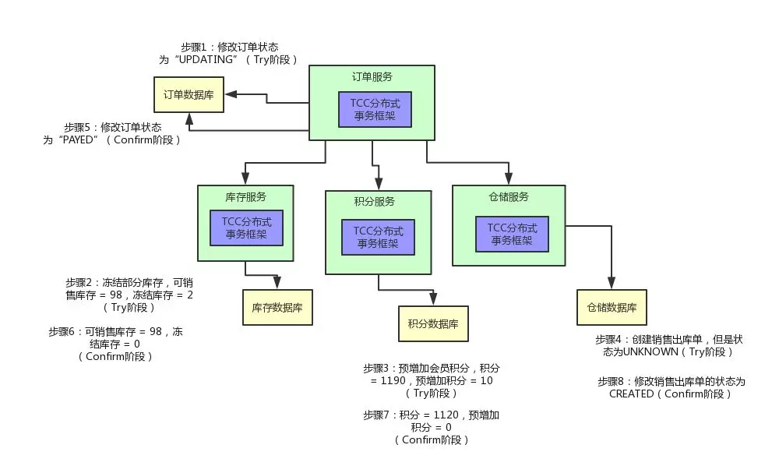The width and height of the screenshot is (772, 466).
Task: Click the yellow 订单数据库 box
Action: pos(188,94)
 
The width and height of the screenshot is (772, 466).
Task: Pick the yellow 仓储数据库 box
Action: pos(612,308)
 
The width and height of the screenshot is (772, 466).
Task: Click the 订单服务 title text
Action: pos(372,77)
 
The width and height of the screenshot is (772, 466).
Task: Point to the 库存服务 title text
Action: pos(245,196)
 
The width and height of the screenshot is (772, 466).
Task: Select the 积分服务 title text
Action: pos(374,201)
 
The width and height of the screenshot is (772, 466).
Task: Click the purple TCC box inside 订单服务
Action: pos(374,109)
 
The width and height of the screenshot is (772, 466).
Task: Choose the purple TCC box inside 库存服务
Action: pos(246,227)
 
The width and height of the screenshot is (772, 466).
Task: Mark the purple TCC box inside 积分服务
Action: pos(378,236)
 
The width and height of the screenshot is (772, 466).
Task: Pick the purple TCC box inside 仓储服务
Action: pos(512,234)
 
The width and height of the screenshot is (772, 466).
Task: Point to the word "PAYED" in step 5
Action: pos(77,139)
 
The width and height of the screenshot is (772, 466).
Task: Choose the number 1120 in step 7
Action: pos(440,415)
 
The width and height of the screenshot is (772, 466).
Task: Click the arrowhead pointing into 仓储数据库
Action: pos(612,284)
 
